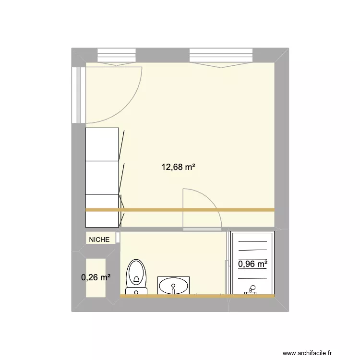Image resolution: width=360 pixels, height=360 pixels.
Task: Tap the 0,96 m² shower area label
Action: coord(252,264)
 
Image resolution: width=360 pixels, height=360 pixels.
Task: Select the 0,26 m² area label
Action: coord(96,277)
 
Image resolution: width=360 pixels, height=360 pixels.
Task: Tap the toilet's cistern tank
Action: coord(136,290)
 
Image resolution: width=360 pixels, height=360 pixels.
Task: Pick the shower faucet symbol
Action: coord(250,289)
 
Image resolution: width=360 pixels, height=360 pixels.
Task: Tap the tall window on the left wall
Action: coord(77,94)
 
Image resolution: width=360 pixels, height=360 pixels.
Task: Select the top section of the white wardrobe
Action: coord(102,144)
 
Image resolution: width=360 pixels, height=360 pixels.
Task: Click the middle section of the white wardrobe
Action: coord(102,178)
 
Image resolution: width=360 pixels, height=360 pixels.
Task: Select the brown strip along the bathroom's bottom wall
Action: coord(197,296)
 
